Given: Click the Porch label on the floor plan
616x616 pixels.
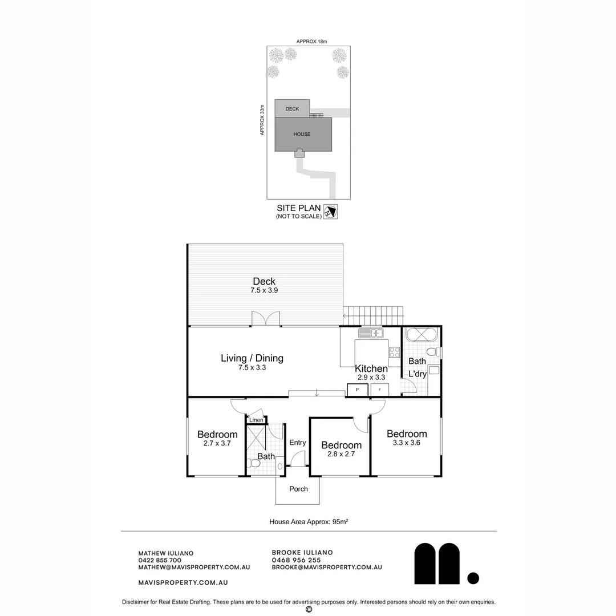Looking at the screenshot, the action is [298, 489].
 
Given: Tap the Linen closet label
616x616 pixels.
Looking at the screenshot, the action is [256, 420].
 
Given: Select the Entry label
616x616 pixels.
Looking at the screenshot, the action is [297, 443].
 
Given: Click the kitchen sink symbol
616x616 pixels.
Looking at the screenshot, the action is [371, 333].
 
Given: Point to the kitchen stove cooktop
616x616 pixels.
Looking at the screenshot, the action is [395, 352].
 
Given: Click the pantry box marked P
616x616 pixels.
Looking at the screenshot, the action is [358, 390].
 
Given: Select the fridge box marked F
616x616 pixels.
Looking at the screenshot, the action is [380, 390].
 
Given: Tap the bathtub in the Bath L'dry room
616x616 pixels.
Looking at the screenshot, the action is [421, 334].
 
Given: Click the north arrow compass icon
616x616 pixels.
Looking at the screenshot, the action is [330, 212].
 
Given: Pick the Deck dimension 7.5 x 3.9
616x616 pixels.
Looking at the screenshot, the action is [264, 290].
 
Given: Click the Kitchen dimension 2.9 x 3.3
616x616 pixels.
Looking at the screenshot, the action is [371, 377].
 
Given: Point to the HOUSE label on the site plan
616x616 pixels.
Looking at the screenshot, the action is [302, 134].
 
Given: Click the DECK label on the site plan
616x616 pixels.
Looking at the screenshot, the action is [292, 109].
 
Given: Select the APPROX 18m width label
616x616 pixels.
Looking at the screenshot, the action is [311, 41].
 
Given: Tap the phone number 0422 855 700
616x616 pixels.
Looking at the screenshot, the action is [160, 560].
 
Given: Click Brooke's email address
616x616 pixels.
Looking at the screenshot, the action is [327, 568].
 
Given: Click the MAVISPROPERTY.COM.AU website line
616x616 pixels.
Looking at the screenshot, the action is [183, 582].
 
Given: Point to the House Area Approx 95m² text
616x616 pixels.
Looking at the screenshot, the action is [309, 522].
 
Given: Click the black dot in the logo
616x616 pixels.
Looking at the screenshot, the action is [473, 578].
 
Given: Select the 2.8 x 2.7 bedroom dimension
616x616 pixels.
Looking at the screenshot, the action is [341, 454].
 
